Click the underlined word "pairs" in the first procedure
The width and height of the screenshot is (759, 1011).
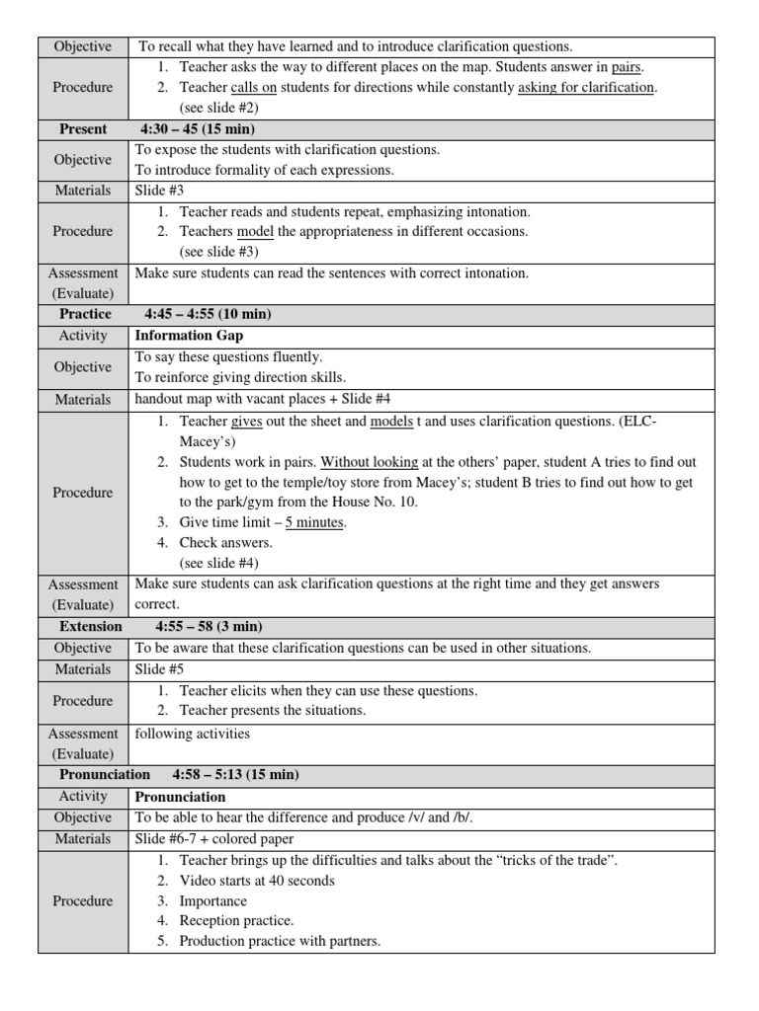627,67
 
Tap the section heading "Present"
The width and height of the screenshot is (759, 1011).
83,128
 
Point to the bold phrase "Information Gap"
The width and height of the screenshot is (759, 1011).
188,336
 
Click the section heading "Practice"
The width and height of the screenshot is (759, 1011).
86,314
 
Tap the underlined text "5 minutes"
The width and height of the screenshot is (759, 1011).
315,522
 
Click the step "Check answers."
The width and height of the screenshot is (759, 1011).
225,542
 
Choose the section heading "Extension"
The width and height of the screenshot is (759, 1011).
91,626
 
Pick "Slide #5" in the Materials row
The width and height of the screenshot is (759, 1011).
159,668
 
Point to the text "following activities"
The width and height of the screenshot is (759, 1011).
193,734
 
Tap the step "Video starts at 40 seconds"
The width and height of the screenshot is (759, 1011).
257,880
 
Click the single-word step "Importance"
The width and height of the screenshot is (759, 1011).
213,900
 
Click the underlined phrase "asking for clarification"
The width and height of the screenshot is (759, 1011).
586,87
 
